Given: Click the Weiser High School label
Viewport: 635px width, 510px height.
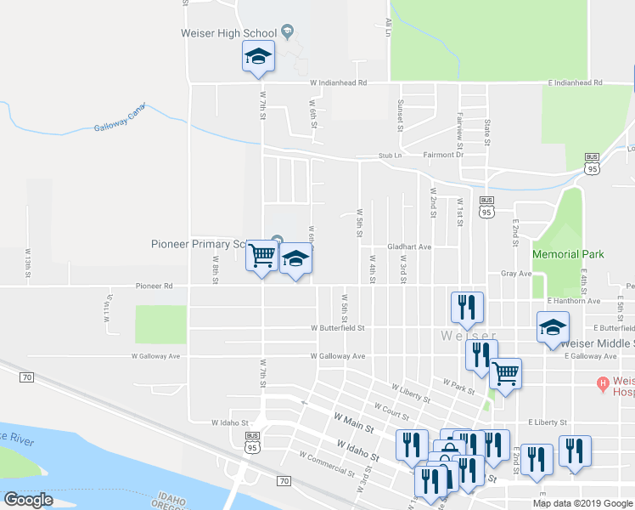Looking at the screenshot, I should point(228,33).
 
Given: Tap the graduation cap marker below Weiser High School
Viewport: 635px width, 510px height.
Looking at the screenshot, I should point(258,58).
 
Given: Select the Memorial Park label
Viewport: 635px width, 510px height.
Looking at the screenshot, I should point(567,254).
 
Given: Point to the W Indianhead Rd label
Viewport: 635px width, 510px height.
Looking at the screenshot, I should point(338,83).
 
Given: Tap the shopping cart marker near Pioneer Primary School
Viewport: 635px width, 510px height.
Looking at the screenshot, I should point(263,255).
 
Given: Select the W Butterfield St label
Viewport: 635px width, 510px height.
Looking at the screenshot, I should point(337,327).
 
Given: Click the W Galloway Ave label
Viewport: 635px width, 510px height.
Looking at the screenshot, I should point(337,356).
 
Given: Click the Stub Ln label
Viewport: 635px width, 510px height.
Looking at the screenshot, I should point(390,156).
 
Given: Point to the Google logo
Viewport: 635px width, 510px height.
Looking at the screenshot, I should point(28,500).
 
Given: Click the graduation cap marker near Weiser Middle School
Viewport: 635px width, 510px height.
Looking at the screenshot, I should point(553,328).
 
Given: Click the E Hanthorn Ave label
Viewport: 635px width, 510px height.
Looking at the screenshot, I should point(574,301).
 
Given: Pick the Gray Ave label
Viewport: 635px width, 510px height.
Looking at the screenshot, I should point(515,274).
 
